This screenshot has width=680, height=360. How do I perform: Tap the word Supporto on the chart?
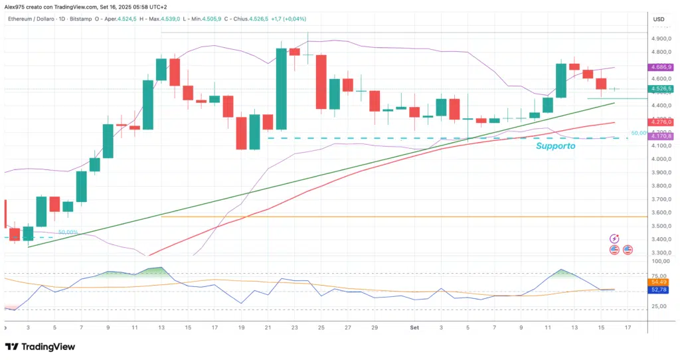555,145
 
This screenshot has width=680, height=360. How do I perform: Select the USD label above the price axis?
659,19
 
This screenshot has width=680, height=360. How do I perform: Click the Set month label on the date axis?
414,327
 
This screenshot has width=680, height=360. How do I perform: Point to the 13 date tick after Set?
574,327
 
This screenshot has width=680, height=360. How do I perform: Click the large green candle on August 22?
281,88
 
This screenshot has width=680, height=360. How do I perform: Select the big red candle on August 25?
321,81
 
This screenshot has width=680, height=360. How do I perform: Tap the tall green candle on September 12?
561,80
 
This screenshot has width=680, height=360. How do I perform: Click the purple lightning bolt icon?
614,238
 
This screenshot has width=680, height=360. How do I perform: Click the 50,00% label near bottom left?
68,232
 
